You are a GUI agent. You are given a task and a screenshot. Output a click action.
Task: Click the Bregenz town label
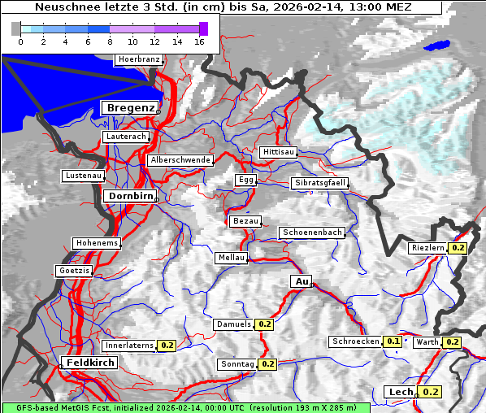(129, 108)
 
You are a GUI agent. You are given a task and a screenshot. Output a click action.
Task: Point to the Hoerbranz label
(138, 60)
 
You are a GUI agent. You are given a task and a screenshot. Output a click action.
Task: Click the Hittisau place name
(279, 153)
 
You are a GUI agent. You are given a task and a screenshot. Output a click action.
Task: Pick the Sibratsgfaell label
(319, 183)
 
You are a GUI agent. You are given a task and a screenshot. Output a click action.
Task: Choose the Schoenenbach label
(312, 233)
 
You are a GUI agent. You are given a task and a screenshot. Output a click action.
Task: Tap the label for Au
(301, 281)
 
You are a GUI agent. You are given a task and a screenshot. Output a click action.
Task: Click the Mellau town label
(230, 258)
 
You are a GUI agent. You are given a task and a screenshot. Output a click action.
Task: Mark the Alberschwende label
(180, 160)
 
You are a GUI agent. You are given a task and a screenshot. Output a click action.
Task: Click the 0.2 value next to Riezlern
(458, 248)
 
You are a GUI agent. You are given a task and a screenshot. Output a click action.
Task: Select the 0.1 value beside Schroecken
(393, 341)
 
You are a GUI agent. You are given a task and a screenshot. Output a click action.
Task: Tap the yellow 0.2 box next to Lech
(431, 392)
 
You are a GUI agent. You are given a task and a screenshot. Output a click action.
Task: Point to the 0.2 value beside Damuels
(264, 324)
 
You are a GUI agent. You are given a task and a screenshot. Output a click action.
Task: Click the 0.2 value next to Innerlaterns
(167, 346)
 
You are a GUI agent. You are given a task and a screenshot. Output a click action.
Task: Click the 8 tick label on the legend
(110, 41)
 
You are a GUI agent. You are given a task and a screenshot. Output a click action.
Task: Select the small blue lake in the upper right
(436, 46)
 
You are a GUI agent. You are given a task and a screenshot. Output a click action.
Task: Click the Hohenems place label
(97, 243)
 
